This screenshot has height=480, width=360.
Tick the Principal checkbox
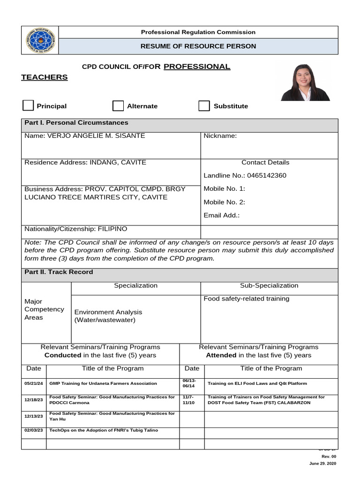[28, 105]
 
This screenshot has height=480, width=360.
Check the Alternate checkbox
[118, 106]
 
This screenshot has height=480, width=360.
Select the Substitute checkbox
[204, 106]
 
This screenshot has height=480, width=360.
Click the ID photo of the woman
[305, 82]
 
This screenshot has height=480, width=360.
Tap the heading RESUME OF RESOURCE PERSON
[198, 46]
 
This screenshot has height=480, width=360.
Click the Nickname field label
[220, 136]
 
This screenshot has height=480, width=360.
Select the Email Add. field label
[221, 216]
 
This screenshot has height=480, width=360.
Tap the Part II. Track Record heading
[59, 272]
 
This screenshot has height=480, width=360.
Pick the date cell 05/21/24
[33, 383]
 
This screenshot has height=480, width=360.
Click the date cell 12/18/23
[33, 400]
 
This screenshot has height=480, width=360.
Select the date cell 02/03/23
[33, 430]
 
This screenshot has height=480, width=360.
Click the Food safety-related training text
[246, 299]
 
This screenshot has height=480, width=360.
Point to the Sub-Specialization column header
[269, 285]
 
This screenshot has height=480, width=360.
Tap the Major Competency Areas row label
[44, 309]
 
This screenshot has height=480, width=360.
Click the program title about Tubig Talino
[104, 430]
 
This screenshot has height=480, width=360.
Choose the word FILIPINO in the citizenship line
[112, 229]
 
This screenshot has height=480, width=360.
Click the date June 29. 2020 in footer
[322, 464]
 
